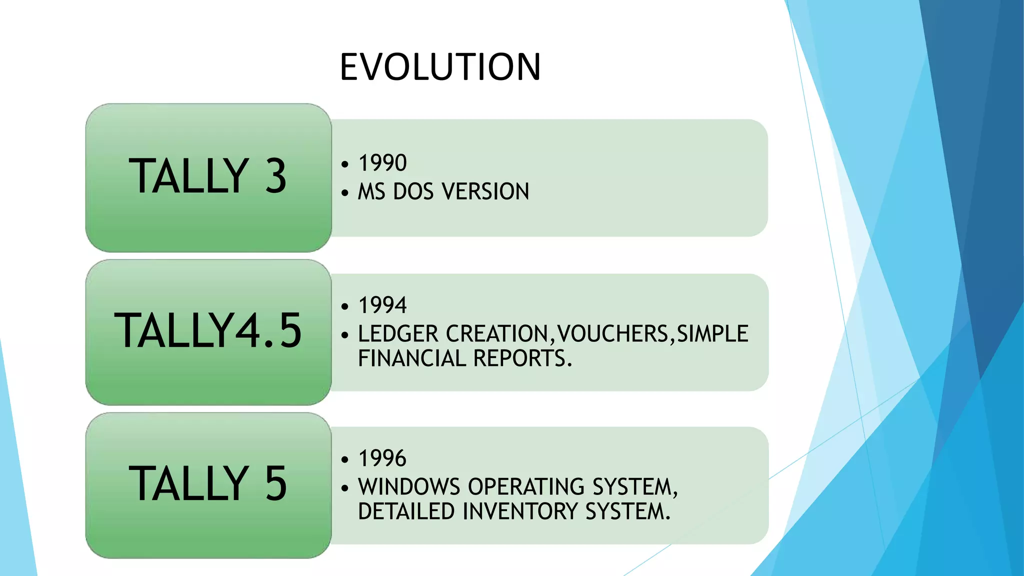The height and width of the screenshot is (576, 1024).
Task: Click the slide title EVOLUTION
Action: pyautogui.click(x=440, y=67)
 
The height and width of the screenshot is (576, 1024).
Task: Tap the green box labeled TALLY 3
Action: pyautogui.click(x=208, y=177)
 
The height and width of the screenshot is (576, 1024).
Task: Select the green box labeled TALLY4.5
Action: pyautogui.click(x=208, y=332)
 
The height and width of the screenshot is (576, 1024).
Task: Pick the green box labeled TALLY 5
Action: pyautogui.click(x=208, y=485)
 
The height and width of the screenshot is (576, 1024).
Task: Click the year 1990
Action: pyautogui.click(x=382, y=163)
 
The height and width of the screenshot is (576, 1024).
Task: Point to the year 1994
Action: pyautogui.click(x=382, y=305)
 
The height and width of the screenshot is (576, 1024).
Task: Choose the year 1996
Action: pyautogui.click(x=382, y=458)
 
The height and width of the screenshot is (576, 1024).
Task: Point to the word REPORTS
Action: pyautogui.click(x=522, y=358)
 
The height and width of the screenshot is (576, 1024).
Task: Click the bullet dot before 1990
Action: pyautogui.click(x=344, y=164)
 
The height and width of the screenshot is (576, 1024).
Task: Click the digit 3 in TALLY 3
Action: pyautogui.click(x=275, y=176)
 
